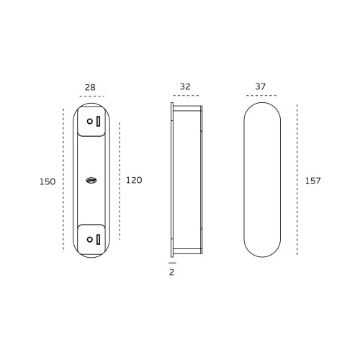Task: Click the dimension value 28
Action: [90, 87]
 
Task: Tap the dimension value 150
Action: [48, 181]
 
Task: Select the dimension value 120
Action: [134, 180]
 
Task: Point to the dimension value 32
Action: [185, 86]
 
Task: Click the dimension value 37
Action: [261, 86]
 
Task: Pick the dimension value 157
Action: [312, 181]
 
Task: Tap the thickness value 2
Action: [171, 272]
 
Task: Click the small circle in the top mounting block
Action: [90, 122]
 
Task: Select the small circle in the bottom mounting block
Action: [90, 239]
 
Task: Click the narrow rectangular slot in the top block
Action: [98, 121]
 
